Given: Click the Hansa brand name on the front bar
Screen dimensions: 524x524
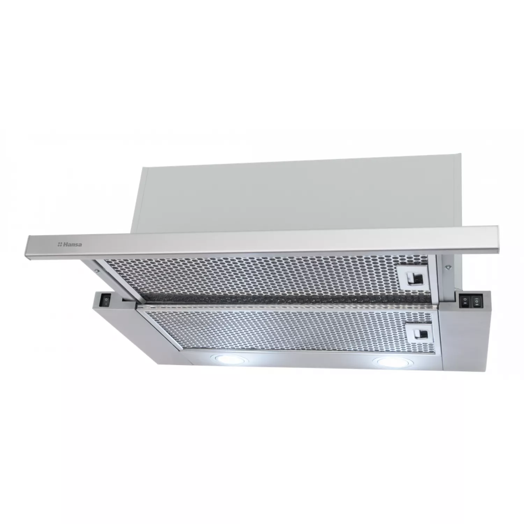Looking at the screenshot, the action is pos(72,245).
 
